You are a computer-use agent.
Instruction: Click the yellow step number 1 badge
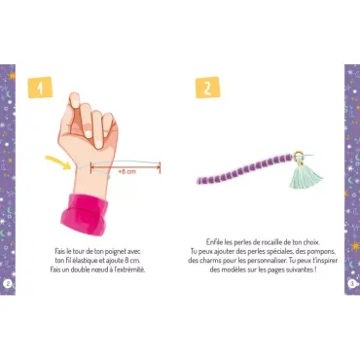(x=40, y=87)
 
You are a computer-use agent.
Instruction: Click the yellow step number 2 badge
(x=207, y=88)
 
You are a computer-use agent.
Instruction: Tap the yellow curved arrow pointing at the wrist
(x=58, y=162)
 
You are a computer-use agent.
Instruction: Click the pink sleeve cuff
(x=85, y=214)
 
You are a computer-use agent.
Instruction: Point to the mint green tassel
(x=306, y=177)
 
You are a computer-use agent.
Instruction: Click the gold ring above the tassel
(x=299, y=157)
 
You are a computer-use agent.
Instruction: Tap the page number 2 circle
(x=8, y=283)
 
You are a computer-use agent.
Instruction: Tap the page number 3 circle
(x=352, y=284)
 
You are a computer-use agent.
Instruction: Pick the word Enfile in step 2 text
(x=214, y=242)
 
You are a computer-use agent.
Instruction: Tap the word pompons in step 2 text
(x=323, y=251)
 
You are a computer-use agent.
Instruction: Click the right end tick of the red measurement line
(x=160, y=167)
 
